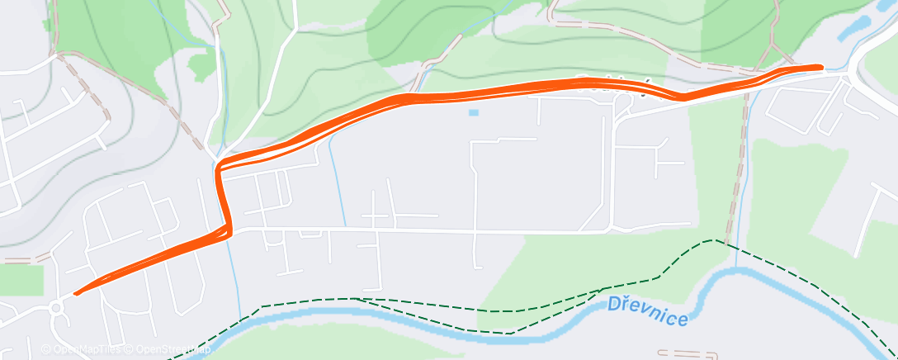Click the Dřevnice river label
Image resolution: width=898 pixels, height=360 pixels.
click(x=647, y=310)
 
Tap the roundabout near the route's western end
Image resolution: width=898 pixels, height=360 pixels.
click(x=56, y=310)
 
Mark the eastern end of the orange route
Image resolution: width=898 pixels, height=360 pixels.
click(x=820, y=66)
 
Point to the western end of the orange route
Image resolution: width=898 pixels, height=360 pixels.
click(x=77, y=292)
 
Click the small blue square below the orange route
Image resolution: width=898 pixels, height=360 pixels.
click(x=472, y=112)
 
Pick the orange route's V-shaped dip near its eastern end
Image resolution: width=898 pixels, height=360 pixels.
click(x=682, y=98)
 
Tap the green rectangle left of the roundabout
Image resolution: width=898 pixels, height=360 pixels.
click(x=20, y=279)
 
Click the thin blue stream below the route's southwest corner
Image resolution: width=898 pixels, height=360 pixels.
click(x=234, y=272)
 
